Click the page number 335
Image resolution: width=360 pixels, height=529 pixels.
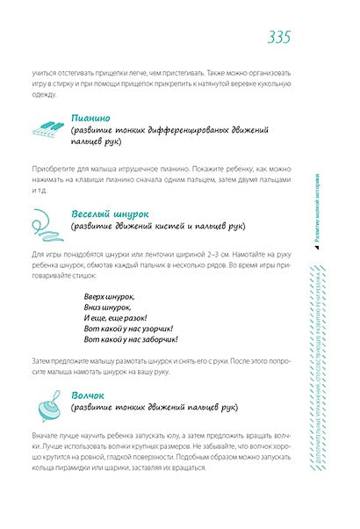(x=278, y=36)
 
